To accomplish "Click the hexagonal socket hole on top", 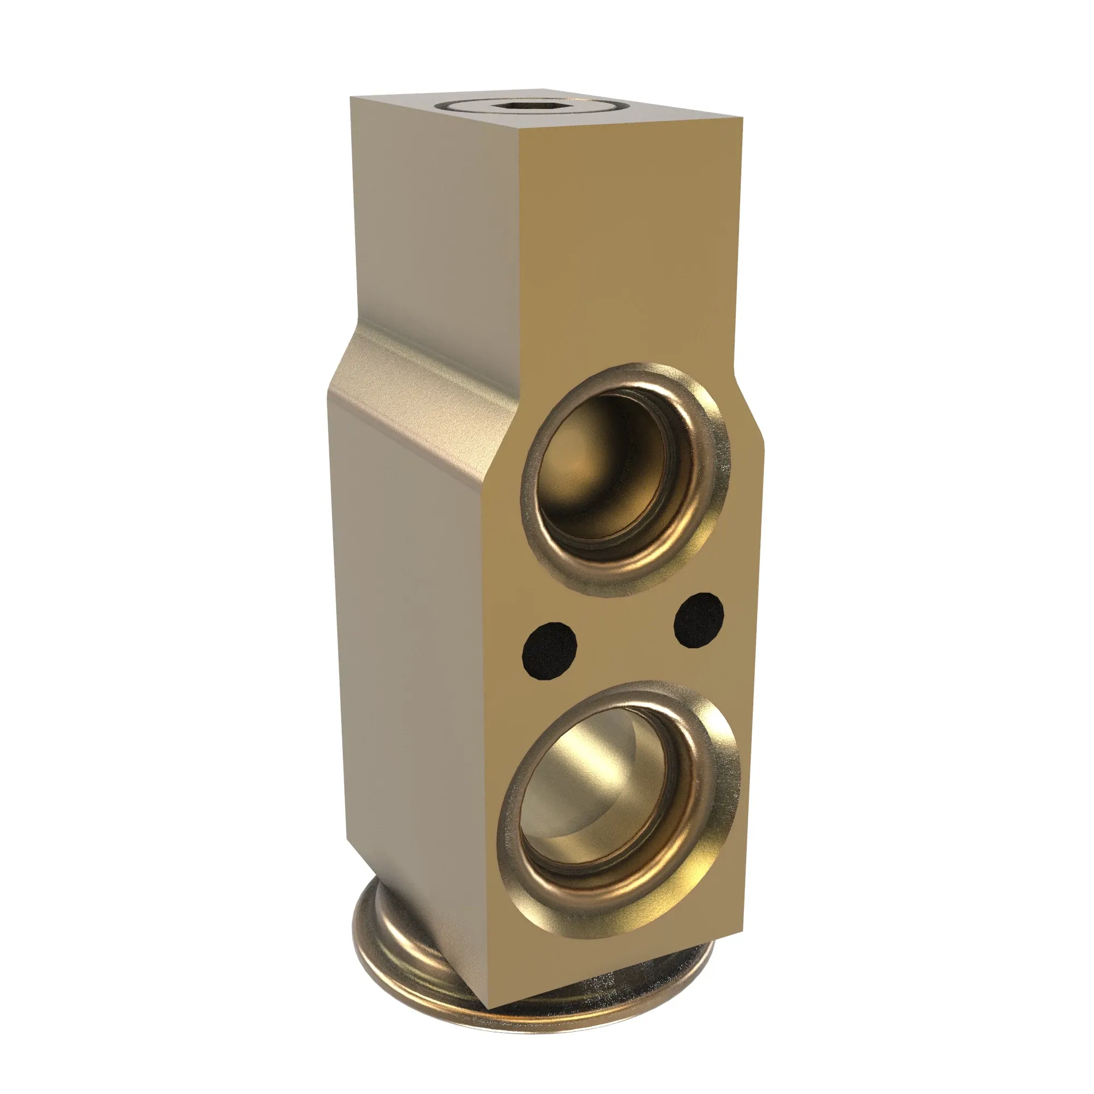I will coord(529,106).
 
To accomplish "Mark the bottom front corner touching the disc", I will coord(490,1006).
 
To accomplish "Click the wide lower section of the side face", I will coord(414,651).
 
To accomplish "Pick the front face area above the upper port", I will coord(629,255).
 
